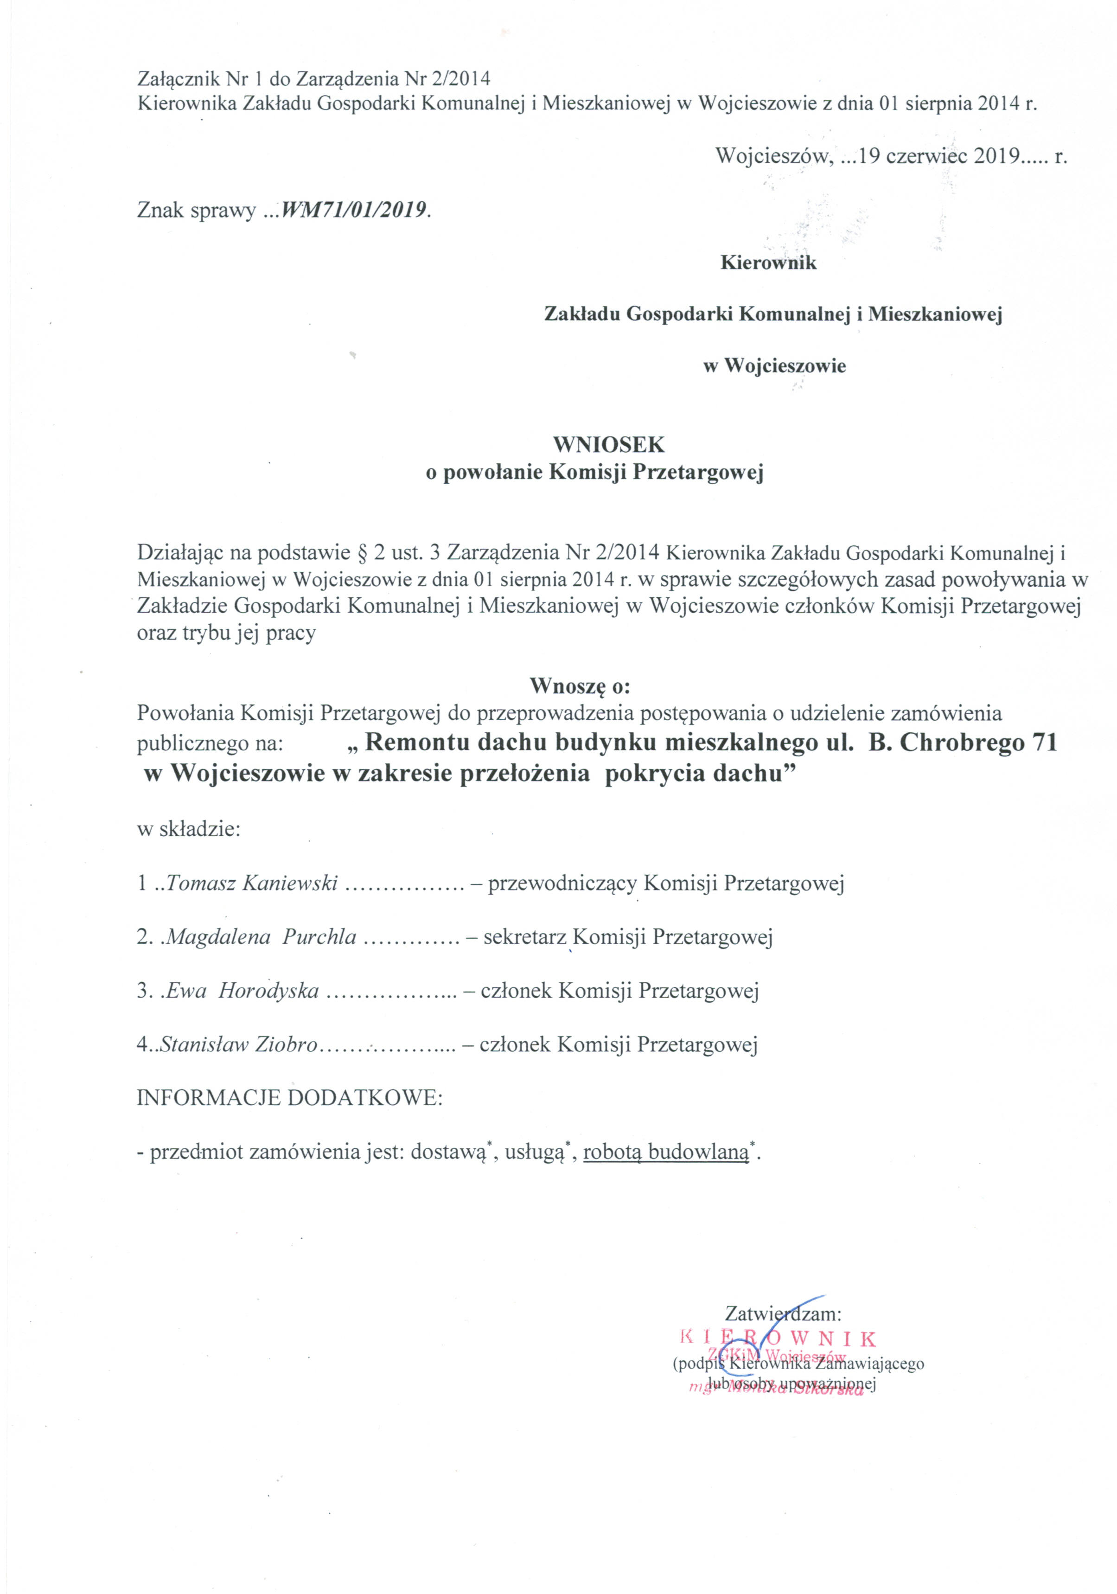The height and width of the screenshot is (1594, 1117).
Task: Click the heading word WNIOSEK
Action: tap(608, 444)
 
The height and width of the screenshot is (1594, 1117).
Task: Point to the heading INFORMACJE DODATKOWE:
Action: tap(289, 1098)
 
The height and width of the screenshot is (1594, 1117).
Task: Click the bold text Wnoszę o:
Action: tap(580, 686)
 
